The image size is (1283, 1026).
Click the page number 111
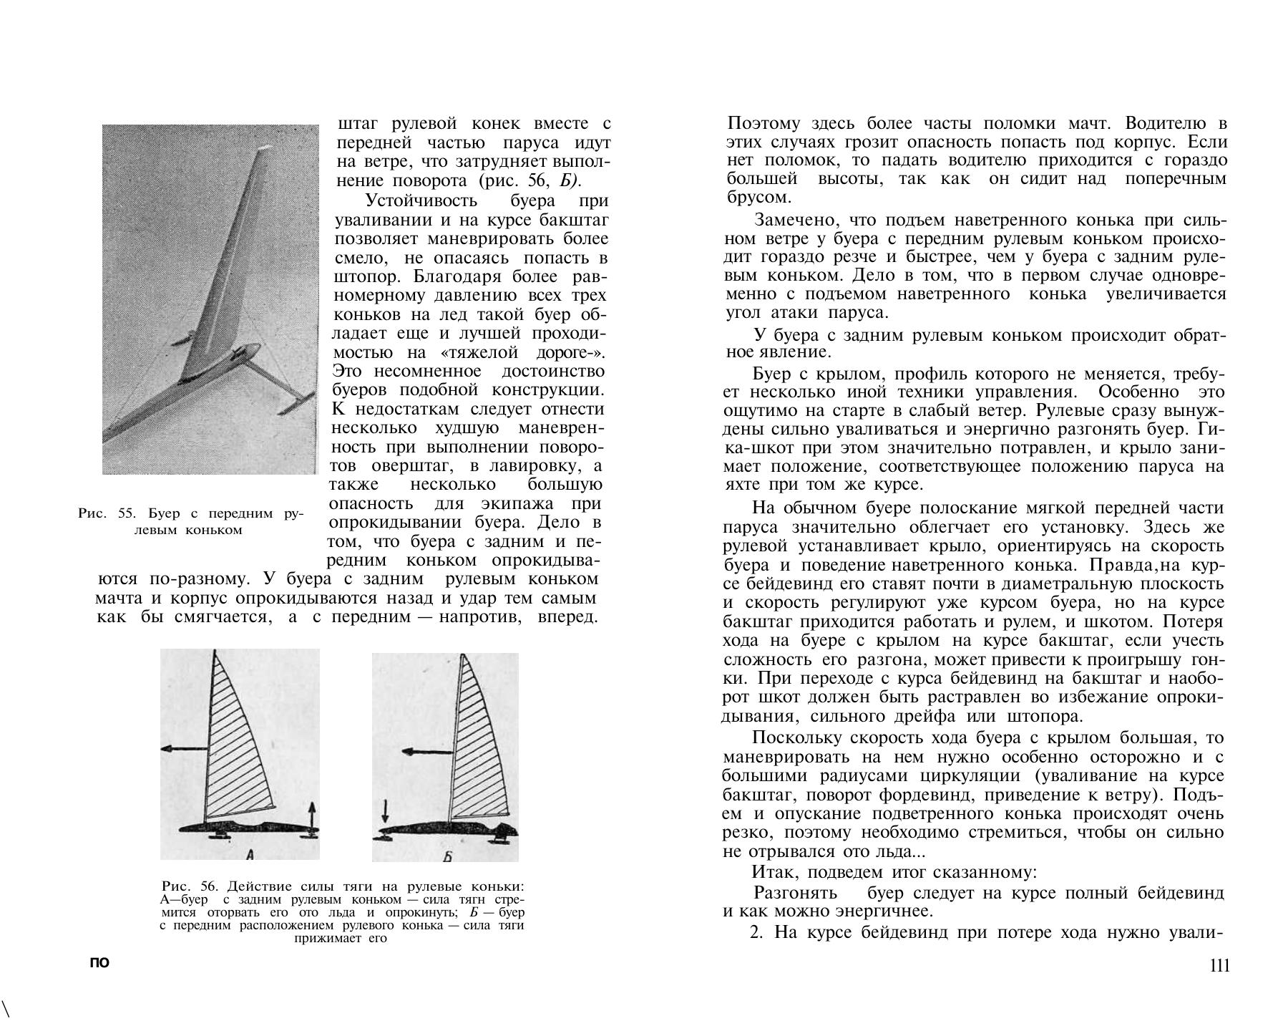pyautogui.click(x=1219, y=965)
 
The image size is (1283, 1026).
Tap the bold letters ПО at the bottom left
pyautogui.click(x=99, y=963)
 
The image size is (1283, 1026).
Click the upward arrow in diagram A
pyautogui.click(x=312, y=816)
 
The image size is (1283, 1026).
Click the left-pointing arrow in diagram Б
pyautogui.click(x=426, y=752)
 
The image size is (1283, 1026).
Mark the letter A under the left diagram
pyautogui.click(x=250, y=853)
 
